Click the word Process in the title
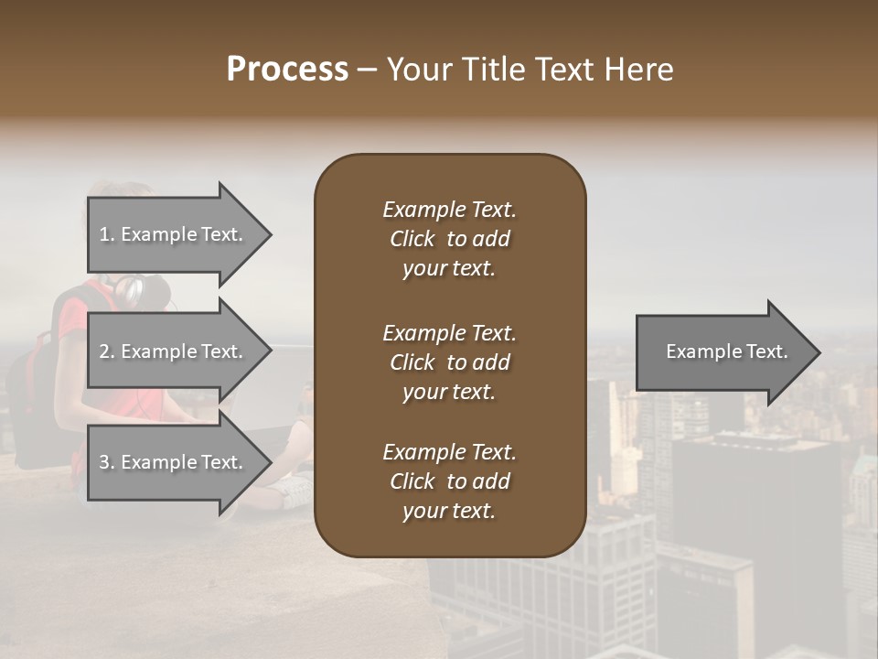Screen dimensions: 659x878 point(287,70)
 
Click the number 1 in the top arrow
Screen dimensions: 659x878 point(104,234)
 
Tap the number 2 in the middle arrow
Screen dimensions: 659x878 point(104,351)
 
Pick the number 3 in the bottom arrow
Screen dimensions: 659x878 point(104,462)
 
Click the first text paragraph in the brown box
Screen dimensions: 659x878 point(449,239)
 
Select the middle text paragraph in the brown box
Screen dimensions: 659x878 point(449,362)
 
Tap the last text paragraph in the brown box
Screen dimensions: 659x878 point(449,481)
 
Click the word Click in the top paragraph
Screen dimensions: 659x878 point(412,239)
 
